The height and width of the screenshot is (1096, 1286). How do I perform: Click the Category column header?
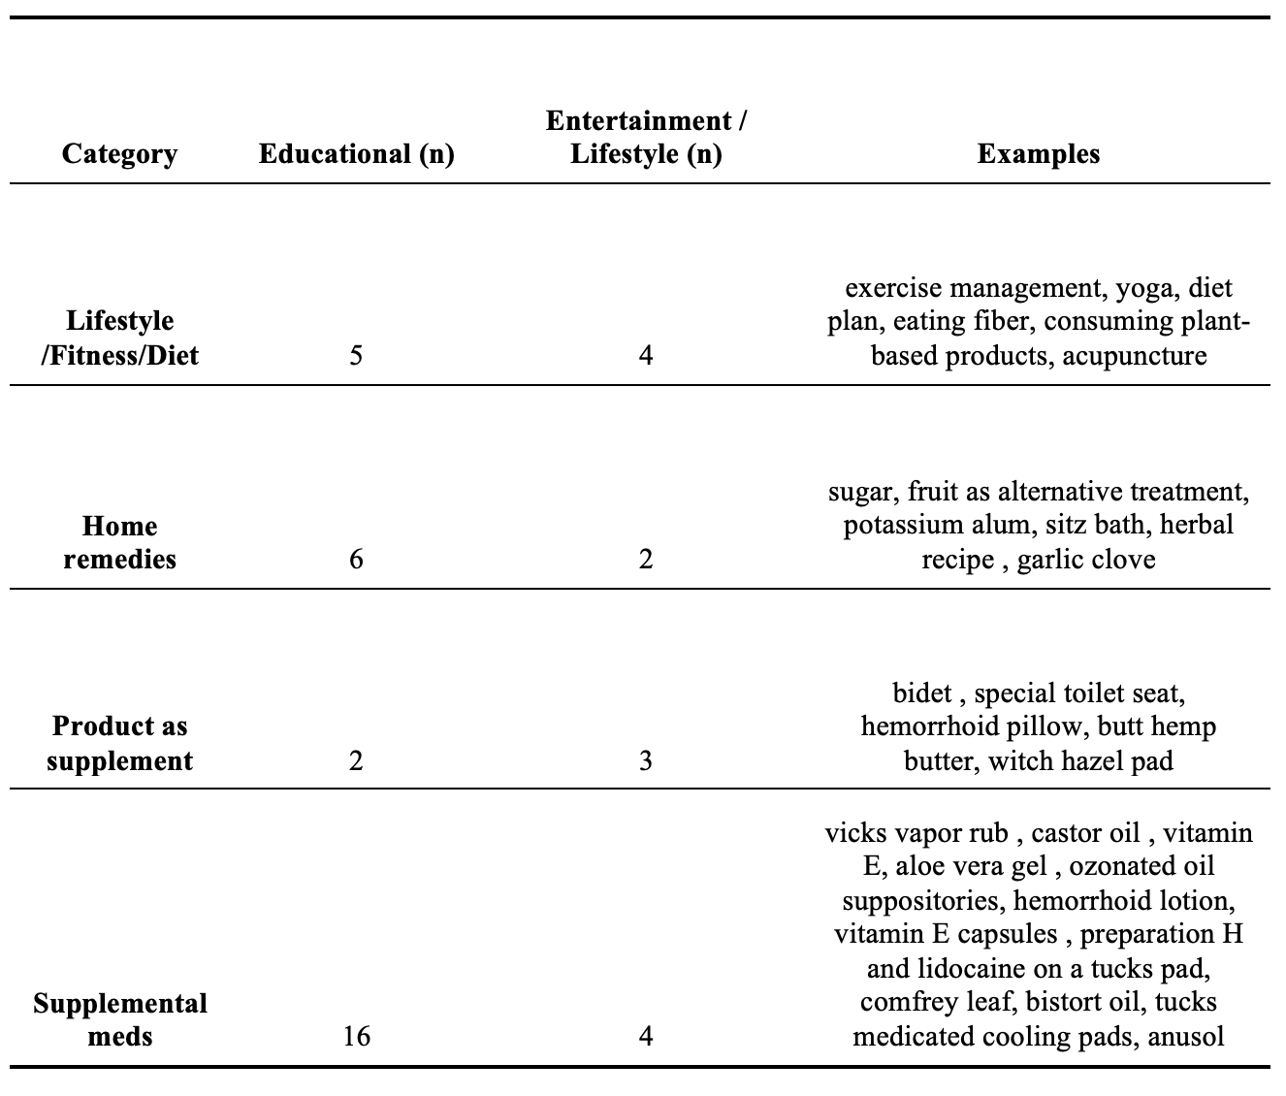[x=119, y=154]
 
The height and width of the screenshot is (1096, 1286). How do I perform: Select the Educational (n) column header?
[x=356, y=154]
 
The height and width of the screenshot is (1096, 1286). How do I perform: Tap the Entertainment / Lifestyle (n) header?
[x=646, y=138]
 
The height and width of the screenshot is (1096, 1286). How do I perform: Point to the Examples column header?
[x=1038, y=154]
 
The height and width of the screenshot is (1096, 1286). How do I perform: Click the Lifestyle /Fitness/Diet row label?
[x=119, y=338]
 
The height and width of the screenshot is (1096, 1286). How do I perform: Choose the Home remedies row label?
[x=119, y=542]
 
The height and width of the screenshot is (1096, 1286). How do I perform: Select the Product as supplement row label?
[x=119, y=743]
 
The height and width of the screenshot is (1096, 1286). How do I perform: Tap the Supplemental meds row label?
[x=119, y=1019]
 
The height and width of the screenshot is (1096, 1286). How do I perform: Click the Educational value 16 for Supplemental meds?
[x=356, y=1037]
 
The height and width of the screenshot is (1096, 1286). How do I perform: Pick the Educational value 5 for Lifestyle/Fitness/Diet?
[x=356, y=356]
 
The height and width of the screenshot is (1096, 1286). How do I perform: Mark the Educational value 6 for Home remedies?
[x=356, y=560]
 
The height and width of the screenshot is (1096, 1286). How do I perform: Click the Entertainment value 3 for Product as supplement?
[x=646, y=761]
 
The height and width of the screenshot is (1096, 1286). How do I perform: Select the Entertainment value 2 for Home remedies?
[x=646, y=560]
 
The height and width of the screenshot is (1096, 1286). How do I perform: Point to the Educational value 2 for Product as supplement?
[x=356, y=761]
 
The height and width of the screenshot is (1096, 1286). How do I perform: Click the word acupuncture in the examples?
[x=1135, y=356]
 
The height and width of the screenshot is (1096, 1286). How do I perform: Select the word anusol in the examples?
[x=1185, y=1037]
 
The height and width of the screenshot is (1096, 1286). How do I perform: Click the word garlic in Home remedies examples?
[x=1051, y=560]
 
